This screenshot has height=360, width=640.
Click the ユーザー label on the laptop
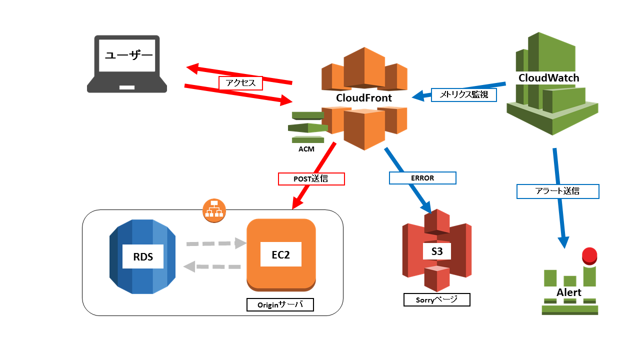pyautogui.click(x=128, y=54)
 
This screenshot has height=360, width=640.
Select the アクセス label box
pyautogui.click(x=240, y=83)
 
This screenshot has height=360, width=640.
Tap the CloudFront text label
pyautogui.click(x=363, y=98)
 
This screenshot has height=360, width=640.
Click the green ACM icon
pyautogui.click(x=307, y=127)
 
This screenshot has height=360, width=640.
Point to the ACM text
pyautogui.click(x=306, y=149)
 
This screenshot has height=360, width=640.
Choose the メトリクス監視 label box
pyautogui.click(x=463, y=94)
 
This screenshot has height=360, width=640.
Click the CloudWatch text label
pyautogui.click(x=548, y=78)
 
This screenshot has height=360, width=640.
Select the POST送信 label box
pyautogui.click(x=311, y=178)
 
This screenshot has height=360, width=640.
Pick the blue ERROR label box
pyautogui.click(x=422, y=178)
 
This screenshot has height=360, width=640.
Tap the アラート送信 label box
pyautogui.click(x=557, y=191)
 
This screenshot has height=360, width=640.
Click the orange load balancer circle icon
pyautogui.click(x=214, y=210)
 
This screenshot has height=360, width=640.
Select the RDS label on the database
pyautogui.click(x=143, y=256)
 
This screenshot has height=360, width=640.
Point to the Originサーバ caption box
pyautogui.click(x=280, y=304)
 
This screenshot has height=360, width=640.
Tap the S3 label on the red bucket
pyautogui.click(x=436, y=251)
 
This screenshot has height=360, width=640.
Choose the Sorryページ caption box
pyautogui.click(x=436, y=299)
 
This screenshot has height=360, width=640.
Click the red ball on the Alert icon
pyautogui.click(x=589, y=255)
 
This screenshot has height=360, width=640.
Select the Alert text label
pyautogui.click(x=569, y=292)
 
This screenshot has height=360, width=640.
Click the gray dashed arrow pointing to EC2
pyautogui.click(x=216, y=244)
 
